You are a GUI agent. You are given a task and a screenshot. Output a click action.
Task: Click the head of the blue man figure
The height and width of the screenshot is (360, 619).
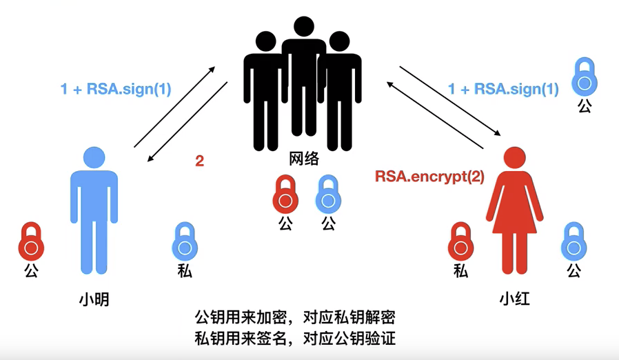(x=95, y=158)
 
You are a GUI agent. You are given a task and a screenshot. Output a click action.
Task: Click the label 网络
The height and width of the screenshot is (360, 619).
(x=304, y=159)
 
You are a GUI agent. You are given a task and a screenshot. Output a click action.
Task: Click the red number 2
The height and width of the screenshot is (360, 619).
(x=200, y=161)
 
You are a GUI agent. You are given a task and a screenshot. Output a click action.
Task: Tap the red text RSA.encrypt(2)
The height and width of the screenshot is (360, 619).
(x=429, y=177)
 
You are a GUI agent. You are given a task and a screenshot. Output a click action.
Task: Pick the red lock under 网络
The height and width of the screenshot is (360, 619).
(x=286, y=195)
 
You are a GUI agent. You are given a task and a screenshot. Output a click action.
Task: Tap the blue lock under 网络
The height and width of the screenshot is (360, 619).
(x=329, y=195)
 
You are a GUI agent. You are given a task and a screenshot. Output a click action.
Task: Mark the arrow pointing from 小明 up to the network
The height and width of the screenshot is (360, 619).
(x=174, y=107)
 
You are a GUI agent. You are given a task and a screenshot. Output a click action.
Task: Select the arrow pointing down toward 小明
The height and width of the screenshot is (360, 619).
(x=187, y=122)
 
